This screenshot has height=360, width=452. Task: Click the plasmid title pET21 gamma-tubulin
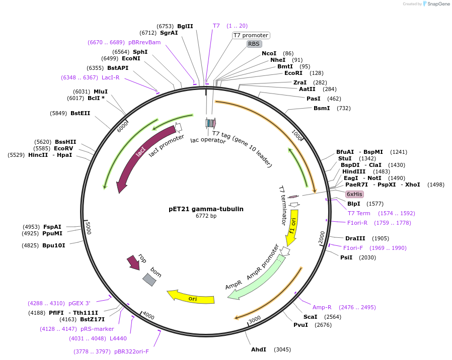pos(206,209)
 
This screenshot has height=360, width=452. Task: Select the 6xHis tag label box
pos(354,194)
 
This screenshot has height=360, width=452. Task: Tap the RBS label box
pos(254,44)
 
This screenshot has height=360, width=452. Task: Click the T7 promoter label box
pos(251,35)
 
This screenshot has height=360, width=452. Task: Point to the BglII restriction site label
pos(185,26)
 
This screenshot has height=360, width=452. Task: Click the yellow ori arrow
pos(191,298)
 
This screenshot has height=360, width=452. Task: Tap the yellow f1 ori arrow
pos(292,226)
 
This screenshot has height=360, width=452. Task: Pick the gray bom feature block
pos(149,280)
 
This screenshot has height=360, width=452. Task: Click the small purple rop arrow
pos(133,261)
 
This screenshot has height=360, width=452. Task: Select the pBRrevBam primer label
pos(144,42)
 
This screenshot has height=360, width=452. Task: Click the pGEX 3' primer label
pos(79,303)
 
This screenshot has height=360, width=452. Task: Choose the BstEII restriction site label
pos(80,113)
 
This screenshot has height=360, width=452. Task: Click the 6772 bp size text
pos(206,216)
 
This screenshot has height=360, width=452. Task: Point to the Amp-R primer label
pos(322,307)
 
